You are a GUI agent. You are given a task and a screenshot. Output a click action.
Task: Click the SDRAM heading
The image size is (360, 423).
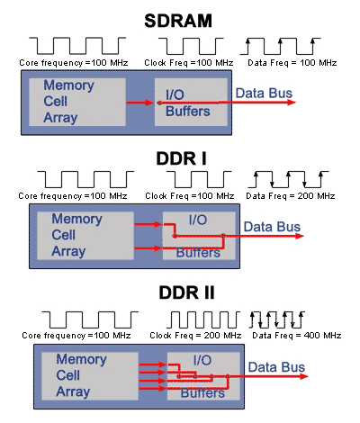(178, 21)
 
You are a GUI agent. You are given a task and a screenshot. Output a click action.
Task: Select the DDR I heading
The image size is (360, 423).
(182, 158)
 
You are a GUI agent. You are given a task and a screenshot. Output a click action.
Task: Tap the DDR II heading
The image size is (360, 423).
(186, 292)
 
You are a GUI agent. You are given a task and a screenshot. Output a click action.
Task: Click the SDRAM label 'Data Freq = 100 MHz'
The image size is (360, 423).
(292, 63)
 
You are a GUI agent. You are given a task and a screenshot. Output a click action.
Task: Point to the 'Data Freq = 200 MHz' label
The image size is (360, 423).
(291, 196)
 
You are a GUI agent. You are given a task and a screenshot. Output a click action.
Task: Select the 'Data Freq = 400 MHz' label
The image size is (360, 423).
(297, 335)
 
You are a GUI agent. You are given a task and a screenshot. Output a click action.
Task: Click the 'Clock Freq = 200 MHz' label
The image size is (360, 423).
(195, 335)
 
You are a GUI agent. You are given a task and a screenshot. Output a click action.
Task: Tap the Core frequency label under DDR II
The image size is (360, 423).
(76, 335)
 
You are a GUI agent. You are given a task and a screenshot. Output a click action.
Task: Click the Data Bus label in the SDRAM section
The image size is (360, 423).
(264, 93)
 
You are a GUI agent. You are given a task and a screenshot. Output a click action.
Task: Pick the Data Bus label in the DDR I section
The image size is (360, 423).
(272, 227)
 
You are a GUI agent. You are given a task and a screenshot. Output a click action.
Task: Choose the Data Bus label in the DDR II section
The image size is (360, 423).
(276, 367)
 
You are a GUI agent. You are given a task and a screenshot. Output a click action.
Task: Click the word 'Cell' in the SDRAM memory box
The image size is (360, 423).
(56, 101)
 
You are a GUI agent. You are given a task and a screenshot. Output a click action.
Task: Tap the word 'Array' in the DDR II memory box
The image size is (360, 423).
(73, 391)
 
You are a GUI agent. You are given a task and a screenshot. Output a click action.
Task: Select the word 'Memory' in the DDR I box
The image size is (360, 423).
(76, 219)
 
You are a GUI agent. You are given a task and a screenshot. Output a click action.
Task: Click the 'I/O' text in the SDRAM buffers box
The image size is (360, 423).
(175, 94)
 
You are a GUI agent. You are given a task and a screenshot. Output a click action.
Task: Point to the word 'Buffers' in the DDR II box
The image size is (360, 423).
(202, 393)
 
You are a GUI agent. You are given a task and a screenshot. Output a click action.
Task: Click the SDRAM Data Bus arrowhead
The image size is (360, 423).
(292, 103)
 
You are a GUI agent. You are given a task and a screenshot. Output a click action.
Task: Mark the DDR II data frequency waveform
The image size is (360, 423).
(277, 319)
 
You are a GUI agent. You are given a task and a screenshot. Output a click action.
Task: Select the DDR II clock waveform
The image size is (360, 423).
(203, 319)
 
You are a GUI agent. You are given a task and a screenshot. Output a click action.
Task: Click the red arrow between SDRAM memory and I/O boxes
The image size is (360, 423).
(140, 103)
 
